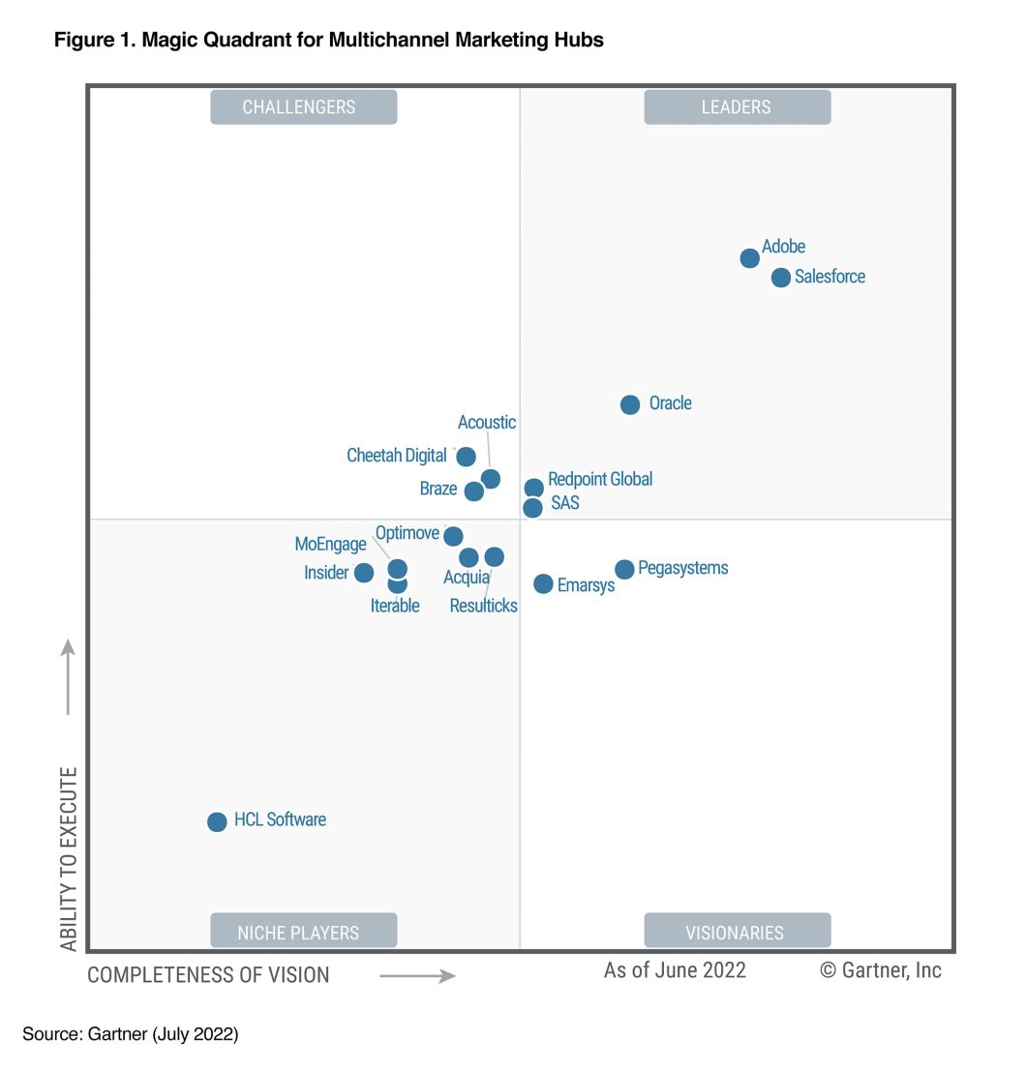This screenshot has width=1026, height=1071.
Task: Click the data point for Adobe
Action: tap(749, 258)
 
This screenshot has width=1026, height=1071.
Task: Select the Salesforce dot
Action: tap(781, 278)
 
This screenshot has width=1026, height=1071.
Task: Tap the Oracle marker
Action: tap(630, 404)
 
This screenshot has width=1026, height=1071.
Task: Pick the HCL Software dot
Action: tap(217, 821)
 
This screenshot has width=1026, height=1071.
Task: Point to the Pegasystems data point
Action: tap(624, 569)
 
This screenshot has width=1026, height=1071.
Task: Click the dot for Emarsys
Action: tap(543, 583)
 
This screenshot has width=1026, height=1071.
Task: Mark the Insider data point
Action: tap(364, 573)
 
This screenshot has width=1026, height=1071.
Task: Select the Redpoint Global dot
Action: tap(533, 488)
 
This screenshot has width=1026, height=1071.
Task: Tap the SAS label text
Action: tap(564, 503)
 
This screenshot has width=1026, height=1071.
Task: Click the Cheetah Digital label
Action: tap(397, 455)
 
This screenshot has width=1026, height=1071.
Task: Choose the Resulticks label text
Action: tap(483, 606)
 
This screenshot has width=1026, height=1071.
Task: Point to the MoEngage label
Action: tap(330, 544)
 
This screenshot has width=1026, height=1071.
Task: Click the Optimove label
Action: tap(407, 532)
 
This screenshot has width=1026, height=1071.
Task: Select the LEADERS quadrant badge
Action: tap(737, 106)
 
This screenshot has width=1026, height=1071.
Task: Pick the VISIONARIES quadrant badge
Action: tap(737, 933)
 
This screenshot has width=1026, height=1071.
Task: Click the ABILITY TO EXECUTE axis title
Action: tap(69, 858)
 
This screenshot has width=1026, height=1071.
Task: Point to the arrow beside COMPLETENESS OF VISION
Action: tap(417, 976)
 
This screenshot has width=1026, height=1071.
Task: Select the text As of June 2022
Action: tap(675, 969)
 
